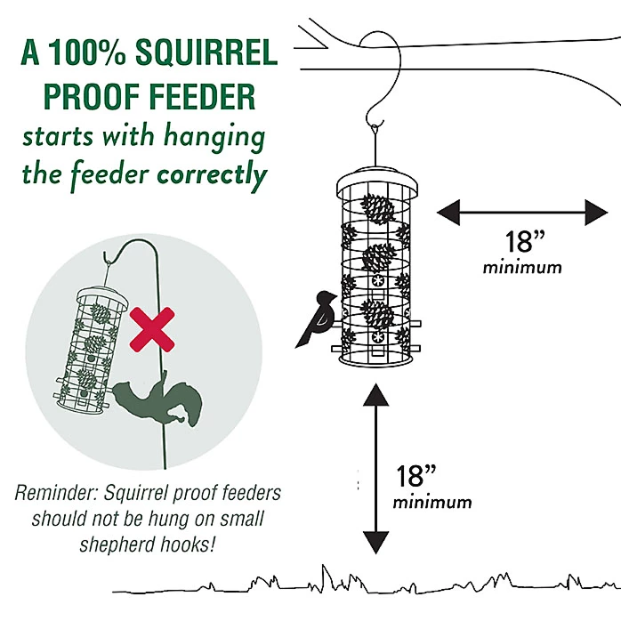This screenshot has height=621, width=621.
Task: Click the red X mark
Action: (x=152, y=329)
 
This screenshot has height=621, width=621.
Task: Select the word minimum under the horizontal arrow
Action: (x=523, y=267)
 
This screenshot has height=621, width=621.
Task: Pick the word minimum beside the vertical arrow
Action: (x=433, y=502)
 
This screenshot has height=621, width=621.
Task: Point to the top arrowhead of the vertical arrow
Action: (x=376, y=394)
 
